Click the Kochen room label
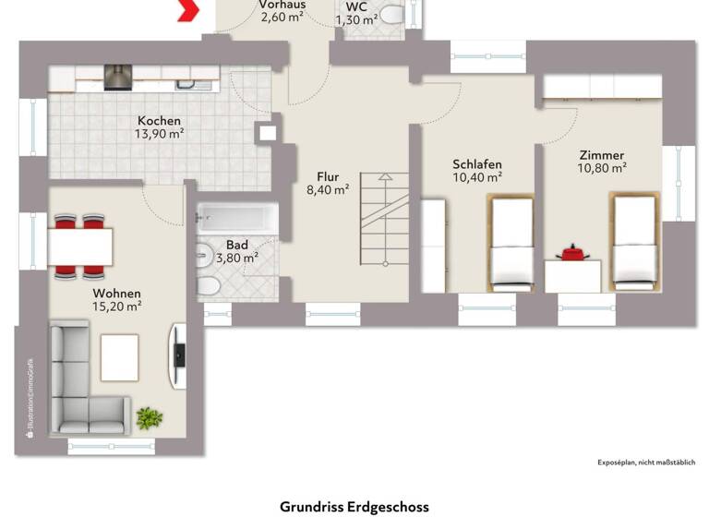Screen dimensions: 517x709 click(x=160, y=121)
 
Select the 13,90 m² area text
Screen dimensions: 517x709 click(x=160, y=134)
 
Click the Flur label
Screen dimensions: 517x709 click(x=328, y=176)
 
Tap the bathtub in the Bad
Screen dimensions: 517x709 click(x=237, y=219)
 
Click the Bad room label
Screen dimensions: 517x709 click(x=236, y=245)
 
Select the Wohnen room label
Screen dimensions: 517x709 click(x=115, y=292)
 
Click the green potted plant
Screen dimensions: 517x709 click(x=149, y=418)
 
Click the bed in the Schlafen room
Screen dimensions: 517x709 click(x=511, y=243)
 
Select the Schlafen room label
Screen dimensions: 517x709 click(x=476, y=163)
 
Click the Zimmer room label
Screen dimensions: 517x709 click(x=601, y=155)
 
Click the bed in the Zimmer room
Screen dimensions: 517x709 click(x=633, y=241)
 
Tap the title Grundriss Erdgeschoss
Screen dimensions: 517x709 click(x=354, y=507)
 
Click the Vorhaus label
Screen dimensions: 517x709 click(x=282, y=5)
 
